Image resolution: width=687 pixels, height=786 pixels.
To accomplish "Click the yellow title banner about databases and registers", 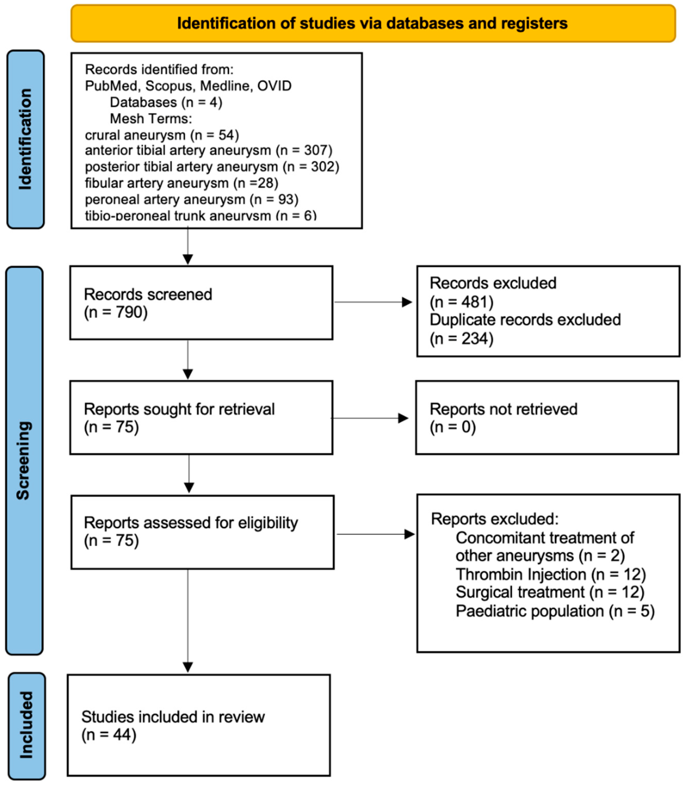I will coord(373,23).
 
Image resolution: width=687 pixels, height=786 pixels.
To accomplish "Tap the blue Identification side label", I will coord(25,139).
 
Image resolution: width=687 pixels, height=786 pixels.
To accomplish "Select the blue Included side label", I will coord(26,725).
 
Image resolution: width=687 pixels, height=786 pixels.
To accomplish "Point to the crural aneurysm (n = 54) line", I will coord(162,135).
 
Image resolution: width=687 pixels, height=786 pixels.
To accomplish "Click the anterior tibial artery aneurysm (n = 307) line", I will coord(208,150).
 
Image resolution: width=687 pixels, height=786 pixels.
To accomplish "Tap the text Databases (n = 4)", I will coord(166,102).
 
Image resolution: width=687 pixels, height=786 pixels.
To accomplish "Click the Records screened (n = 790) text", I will coord(148,303).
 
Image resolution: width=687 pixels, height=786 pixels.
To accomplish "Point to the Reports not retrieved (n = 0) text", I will coord(503,418).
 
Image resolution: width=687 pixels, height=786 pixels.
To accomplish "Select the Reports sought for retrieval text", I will coord(179,409).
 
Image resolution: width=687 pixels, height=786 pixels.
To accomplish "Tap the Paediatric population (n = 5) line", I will coord(555,611).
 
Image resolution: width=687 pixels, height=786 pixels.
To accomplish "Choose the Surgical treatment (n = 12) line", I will coord(550,593).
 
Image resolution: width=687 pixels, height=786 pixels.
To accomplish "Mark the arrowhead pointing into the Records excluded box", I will coord(407,302).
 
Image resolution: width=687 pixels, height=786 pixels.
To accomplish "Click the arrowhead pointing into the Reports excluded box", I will coord(410,534).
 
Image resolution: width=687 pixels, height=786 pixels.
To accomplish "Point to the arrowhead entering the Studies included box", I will coord(188,667).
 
